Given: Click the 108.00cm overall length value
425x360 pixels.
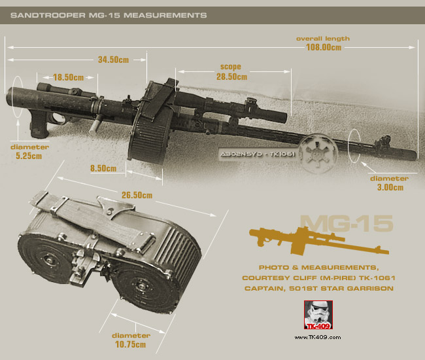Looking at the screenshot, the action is pyautogui.click(x=324, y=47).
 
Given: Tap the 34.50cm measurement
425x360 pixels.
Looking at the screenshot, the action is pyautogui.click(x=113, y=60).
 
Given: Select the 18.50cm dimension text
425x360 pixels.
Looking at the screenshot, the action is pyautogui.click(x=68, y=77).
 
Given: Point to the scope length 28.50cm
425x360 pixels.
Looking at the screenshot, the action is pyautogui.click(x=231, y=77).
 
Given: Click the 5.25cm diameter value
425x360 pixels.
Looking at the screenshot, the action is pyautogui.click(x=29, y=156).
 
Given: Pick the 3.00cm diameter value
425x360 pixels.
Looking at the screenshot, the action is pyautogui.click(x=390, y=187).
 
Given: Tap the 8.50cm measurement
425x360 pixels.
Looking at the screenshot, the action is pyautogui.click(x=103, y=168).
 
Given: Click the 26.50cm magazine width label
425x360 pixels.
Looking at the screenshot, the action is pyautogui.click(x=137, y=195).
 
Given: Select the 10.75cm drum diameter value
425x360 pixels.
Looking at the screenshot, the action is pyautogui.click(x=130, y=344).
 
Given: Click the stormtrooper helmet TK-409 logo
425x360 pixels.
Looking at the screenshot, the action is pyautogui.click(x=318, y=315).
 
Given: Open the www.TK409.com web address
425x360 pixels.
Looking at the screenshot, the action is pyautogui.click(x=317, y=338).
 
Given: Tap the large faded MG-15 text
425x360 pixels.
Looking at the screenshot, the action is pyautogui.click(x=347, y=224).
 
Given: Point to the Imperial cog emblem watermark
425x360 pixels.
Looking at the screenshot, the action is pyautogui.click(x=319, y=153).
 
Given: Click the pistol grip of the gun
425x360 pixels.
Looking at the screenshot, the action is pyautogui.click(x=39, y=125).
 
